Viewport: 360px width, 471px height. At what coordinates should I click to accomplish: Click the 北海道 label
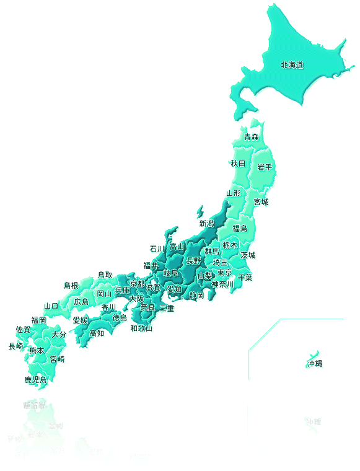[x=292, y=64]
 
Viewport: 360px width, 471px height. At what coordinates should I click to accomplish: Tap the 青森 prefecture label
[x=251, y=137]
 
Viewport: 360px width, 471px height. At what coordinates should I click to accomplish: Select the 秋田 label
[x=238, y=164]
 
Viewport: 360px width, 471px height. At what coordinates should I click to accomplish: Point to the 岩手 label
[x=265, y=167]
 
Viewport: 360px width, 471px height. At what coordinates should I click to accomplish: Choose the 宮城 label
[x=261, y=203]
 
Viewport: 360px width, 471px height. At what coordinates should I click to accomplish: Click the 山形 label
[x=233, y=193]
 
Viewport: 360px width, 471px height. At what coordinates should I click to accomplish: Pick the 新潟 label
[x=206, y=223]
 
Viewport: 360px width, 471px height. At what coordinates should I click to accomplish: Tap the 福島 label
[x=240, y=229]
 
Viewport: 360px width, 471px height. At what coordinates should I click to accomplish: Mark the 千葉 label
[x=245, y=277]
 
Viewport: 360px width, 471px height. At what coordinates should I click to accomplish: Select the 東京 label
[x=225, y=273]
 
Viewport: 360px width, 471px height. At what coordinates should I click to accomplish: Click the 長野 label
[x=193, y=261]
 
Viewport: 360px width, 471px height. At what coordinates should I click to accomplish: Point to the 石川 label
[x=157, y=249]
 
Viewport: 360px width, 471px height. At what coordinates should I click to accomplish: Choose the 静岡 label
[x=197, y=296]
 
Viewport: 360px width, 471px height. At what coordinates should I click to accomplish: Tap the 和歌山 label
[x=141, y=328]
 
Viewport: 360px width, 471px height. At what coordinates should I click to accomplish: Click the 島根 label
[x=71, y=286]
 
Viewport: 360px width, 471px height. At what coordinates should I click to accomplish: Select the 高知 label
[x=97, y=333]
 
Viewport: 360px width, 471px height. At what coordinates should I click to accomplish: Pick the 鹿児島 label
[x=35, y=379]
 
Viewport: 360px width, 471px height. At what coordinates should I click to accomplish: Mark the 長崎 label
[x=16, y=346]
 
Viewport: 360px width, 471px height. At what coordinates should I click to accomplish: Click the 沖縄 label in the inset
[x=315, y=364]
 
